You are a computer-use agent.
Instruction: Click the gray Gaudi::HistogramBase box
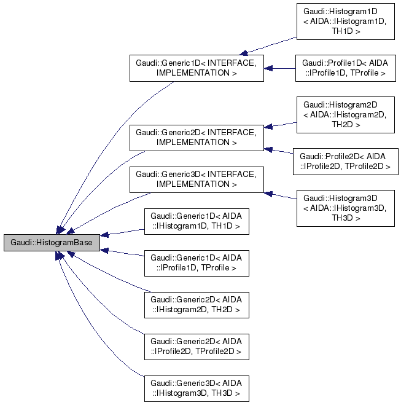click(52, 243)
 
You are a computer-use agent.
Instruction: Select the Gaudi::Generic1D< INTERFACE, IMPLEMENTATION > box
click(197, 68)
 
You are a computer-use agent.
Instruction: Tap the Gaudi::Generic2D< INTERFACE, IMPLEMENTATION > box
click(197, 137)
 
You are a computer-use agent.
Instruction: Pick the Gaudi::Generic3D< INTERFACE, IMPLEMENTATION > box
click(197, 178)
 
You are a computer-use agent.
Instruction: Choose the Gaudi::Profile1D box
click(345, 68)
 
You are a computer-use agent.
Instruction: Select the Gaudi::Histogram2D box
click(345, 114)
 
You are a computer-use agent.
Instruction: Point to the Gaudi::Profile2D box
click(345, 160)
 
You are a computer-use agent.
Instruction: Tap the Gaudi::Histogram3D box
click(345, 207)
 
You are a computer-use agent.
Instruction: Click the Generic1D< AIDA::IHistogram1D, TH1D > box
click(197, 222)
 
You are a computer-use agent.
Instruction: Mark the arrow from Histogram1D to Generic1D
click(270, 45)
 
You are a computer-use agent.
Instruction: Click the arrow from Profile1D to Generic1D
click(280, 68)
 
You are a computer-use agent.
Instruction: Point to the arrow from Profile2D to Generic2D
click(279, 151)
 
